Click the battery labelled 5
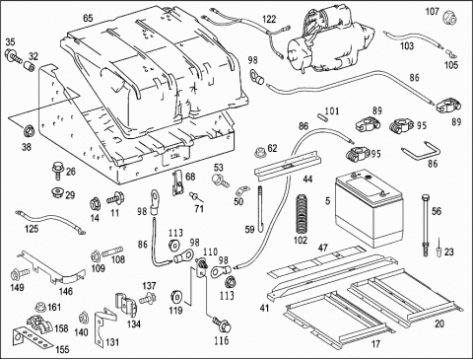pyautogui.click(x=369, y=208)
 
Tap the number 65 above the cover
pyautogui.click(x=88, y=18)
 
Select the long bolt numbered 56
pyautogui.click(x=426, y=225)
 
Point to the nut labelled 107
pyautogui.click(x=449, y=17)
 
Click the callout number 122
pyautogui.click(x=269, y=20)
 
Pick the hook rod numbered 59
pyautogui.click(x=260, y=209)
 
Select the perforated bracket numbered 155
pyautogui.click(x=33, y=337)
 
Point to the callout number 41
pyautogui.click(x=264, y=308)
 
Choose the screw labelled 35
pyautogui.click(x=13, y=56)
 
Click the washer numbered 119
pyautogui.click(x=177, y=296)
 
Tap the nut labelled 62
pyautogui.click(x=261, y=152)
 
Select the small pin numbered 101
pyautogui.click(x=321, y=115)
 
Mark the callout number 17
pyautogui.click(x=375, y=344)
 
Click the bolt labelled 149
pyautogui.click(x=20, y=273)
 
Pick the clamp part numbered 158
pyautogui.click(x=38, y=323)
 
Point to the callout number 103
pyautogui.click(x=407, y=45)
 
